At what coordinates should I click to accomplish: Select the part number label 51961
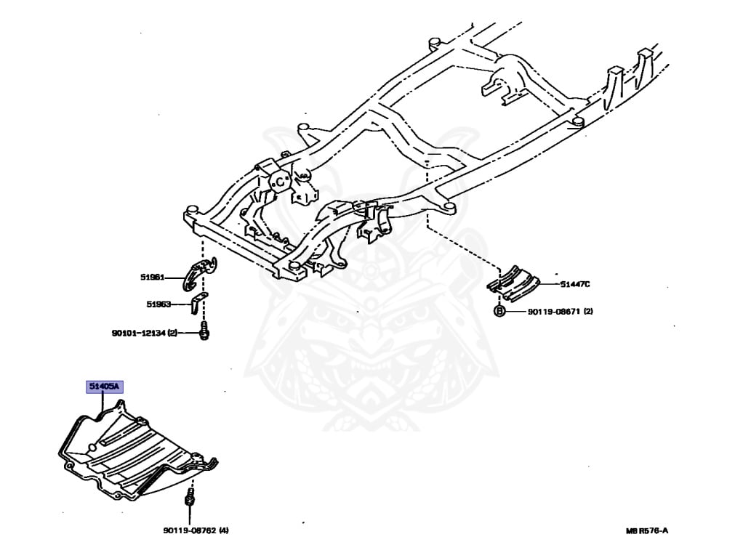pyautogui.click(x=153, y=277)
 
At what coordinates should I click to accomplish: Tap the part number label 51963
pyautogui.click(x=158, y=305)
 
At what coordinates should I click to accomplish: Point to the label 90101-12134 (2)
pyautogui.click(x=144, y=333)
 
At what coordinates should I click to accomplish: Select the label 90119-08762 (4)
pyautogui.click(x=196, y=530)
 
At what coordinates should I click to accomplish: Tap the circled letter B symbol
pyautogui.click(x=499, y=312)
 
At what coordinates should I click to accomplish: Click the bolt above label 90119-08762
pyautogui.click(x=190, y=499)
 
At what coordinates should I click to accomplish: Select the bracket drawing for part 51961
pyautogui.click(x=196, y=272)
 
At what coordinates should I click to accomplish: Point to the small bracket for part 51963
pyautogui.click(x=197, y=303)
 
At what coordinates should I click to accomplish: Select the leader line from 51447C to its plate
pyautogui.click(x=549, y=285)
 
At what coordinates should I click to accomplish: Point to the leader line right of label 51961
pyautogui.click(x=174, y=277)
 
